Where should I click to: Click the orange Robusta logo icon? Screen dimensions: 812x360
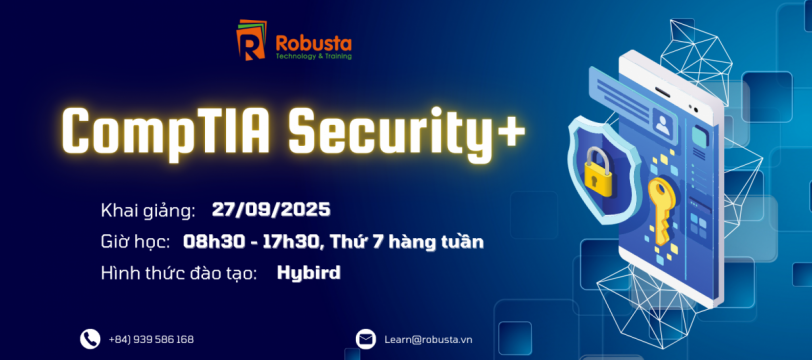coord(251,40)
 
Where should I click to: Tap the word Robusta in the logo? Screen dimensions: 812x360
coord(314,42)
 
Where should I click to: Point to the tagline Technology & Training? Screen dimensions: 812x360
coord(314,56)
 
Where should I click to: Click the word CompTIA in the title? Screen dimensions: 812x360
coord(165,131)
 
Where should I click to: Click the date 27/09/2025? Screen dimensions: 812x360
coord(271,209)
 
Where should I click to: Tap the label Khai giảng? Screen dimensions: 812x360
coord(148,211)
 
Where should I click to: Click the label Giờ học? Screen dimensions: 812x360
coord(136,242)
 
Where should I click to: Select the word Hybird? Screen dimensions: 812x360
coord(309,273)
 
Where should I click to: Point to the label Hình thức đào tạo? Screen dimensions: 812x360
coord(179,274)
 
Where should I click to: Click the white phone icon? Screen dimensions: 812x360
coord(90,339)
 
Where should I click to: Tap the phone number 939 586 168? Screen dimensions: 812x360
coord(164,340)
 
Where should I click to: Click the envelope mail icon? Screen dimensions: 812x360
coord(366,339)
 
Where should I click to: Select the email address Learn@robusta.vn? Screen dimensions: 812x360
coord(428,340)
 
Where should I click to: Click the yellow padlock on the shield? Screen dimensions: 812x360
coord(598,171)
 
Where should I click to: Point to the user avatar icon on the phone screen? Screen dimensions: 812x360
coord(662,125)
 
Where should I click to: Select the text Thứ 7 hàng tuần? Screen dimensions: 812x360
coord(407,241)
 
